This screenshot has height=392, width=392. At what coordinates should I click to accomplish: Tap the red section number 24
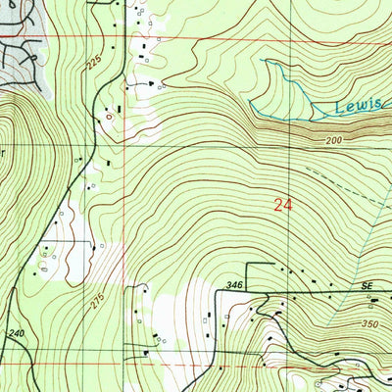click(283, 204)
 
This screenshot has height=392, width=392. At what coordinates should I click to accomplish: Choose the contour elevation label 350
click(368, 322)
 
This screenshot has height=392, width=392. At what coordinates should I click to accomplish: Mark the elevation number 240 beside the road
click(16, 333)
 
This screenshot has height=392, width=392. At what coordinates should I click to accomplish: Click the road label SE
click(367, 284)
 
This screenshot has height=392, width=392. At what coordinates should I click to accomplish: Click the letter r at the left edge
click(3, 152)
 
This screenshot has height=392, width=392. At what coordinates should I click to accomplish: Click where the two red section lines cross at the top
click(123, 38)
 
